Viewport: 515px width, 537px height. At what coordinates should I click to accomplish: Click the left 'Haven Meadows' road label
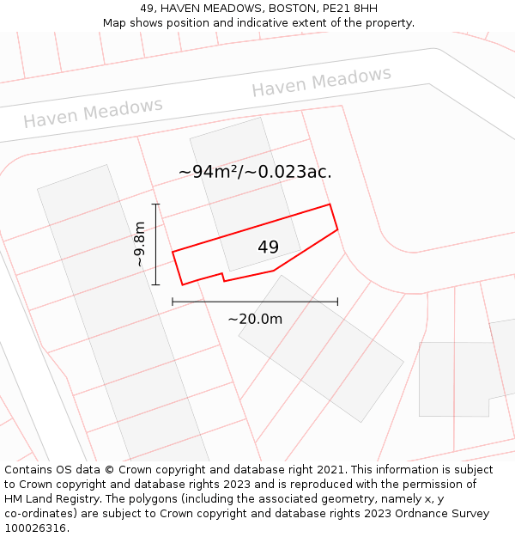click(x=93, y=113)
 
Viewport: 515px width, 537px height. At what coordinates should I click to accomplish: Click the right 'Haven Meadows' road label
click(x=321, y=82)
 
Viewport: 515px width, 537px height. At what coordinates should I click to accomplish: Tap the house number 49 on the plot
click(x=268, y=247)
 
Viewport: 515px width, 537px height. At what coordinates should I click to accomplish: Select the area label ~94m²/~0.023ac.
click(x=255, y=172)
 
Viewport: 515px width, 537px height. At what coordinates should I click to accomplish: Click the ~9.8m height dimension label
click(x=139, y=244)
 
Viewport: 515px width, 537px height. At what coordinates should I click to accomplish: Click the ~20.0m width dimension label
click(x=255, y=319)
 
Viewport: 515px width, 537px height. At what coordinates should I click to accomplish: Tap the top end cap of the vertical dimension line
click(x=155, y=204)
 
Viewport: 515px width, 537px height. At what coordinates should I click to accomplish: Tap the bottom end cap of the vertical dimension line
click(x=155, y=284)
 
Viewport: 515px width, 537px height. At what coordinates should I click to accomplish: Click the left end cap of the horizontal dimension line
click(x=173, y=302)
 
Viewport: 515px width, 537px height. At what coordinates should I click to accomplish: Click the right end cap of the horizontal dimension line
click(x=337, y=302)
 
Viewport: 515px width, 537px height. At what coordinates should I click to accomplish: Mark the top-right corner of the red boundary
click(x=330, y=204)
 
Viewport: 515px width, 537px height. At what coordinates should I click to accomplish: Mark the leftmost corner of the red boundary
click(x=173, y=252)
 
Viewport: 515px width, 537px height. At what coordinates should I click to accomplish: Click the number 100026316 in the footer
click(x=34, y=528)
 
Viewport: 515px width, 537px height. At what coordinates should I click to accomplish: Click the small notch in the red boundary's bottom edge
click(x=223, y=278)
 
